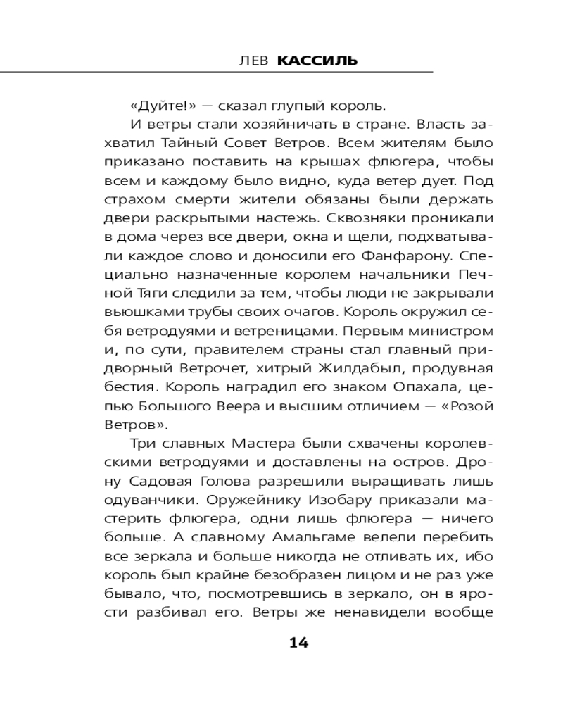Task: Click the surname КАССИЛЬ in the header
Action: [317, 61]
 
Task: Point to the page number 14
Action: [298, 642]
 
